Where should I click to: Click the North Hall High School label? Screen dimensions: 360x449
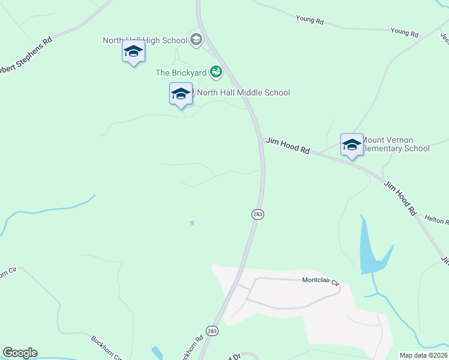click(x=145, y=40)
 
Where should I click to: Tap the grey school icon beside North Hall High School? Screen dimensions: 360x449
click(x=196, y=40)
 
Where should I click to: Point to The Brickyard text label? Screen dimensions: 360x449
click(x=181, y=73)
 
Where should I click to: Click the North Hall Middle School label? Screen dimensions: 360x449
click(x=243, y=92)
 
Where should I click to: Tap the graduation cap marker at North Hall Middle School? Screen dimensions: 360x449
click(x=181, y=94)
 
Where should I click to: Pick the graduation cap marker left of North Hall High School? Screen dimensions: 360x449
click(x=133, y=52)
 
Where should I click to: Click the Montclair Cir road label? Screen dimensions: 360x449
click(x=321, y=280)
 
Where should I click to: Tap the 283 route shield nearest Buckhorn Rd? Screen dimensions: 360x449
click(x=211, y=331)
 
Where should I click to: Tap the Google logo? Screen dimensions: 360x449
click(x=20, y=353)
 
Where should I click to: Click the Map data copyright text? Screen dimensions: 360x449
click(x=424, y=355)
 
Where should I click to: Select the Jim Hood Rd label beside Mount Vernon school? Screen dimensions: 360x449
click(x=288, y=146)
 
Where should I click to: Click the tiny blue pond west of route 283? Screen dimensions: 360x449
click(x=192, y=223)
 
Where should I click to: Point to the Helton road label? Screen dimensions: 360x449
click(x=436, y=220)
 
